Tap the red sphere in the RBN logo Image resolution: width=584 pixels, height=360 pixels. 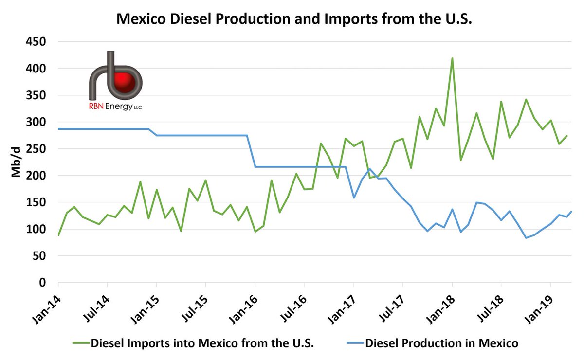pos(124,80)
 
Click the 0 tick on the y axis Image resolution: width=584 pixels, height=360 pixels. pos(42,283)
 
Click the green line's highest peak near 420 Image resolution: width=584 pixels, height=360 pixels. pos(452,58)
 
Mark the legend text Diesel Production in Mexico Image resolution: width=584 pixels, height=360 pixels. pos(441,343)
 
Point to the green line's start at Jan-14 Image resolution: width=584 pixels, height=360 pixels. pos(58,235)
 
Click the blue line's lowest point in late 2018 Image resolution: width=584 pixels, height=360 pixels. pos(526,238)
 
